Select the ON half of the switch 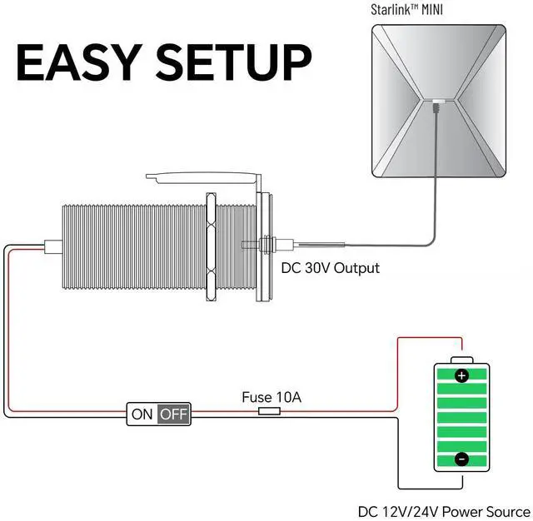[142, 414]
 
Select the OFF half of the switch [174, 414]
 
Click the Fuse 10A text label [271, 398]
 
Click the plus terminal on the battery [462, 375]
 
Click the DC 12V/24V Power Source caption [443, 511]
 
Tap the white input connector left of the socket [52, 246]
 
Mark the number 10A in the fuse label [288, 398]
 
